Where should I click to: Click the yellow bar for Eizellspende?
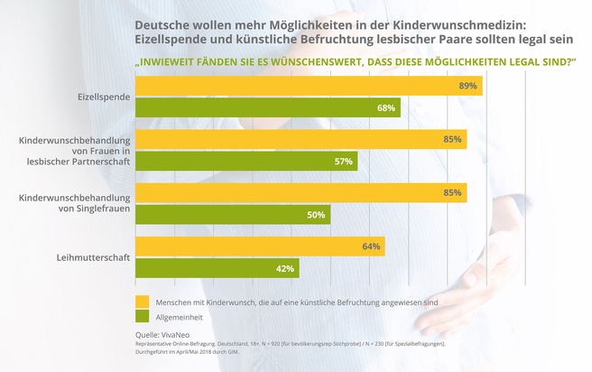point(309,86)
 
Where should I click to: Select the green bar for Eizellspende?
point(267,108)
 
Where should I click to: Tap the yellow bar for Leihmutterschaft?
point(260,246)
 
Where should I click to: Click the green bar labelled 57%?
point(246,162)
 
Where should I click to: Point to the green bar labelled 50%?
point(233,215)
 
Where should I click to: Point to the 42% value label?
point(286,268)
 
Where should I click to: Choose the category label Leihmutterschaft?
point(93,257)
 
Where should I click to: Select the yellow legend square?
point(142,301)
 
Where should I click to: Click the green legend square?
point(142,316)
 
